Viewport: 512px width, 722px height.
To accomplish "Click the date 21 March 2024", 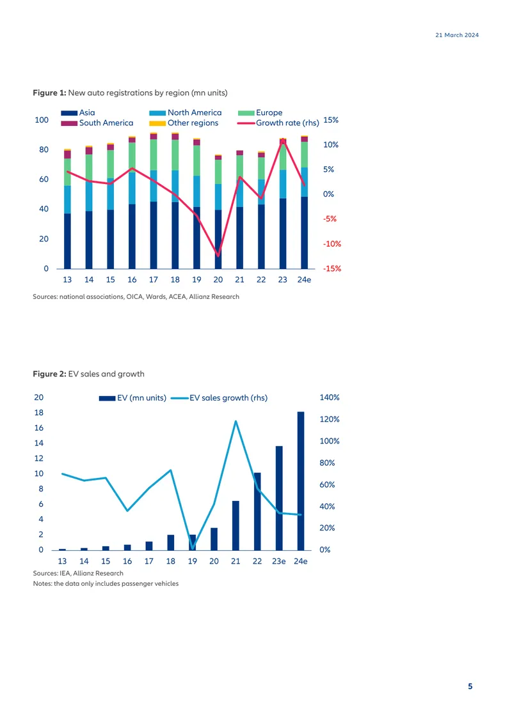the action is point(457,35).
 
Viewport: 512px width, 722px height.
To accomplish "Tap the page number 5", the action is point(470,686).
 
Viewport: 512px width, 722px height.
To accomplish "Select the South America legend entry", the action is point(97,123).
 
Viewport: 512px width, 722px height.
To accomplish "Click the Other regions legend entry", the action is point(184,123).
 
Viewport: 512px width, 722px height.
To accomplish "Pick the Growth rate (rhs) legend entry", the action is point(278,123).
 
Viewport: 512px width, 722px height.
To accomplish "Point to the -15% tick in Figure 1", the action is point(332,268).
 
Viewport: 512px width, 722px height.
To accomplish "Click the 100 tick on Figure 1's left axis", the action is point(42,119).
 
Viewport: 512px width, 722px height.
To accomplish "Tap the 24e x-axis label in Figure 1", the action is point(304,279).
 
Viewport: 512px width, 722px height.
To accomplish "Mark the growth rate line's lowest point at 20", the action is point(218,255).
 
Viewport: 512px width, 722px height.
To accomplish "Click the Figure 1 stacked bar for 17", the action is point(154,201).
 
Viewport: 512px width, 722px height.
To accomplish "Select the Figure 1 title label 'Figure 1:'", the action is point(49,93).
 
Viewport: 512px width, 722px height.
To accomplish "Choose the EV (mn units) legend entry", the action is point(133,398).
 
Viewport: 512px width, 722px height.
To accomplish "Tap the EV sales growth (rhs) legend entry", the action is point(219,398).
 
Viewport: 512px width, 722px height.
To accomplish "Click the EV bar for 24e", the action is point(301,480).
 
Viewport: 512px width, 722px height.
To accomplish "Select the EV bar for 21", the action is point(236,525).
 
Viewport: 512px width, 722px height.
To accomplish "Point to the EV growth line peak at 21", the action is point(236,421).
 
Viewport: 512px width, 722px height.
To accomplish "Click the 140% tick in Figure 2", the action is point(330,397).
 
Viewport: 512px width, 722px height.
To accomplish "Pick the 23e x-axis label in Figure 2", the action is point(278,561).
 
